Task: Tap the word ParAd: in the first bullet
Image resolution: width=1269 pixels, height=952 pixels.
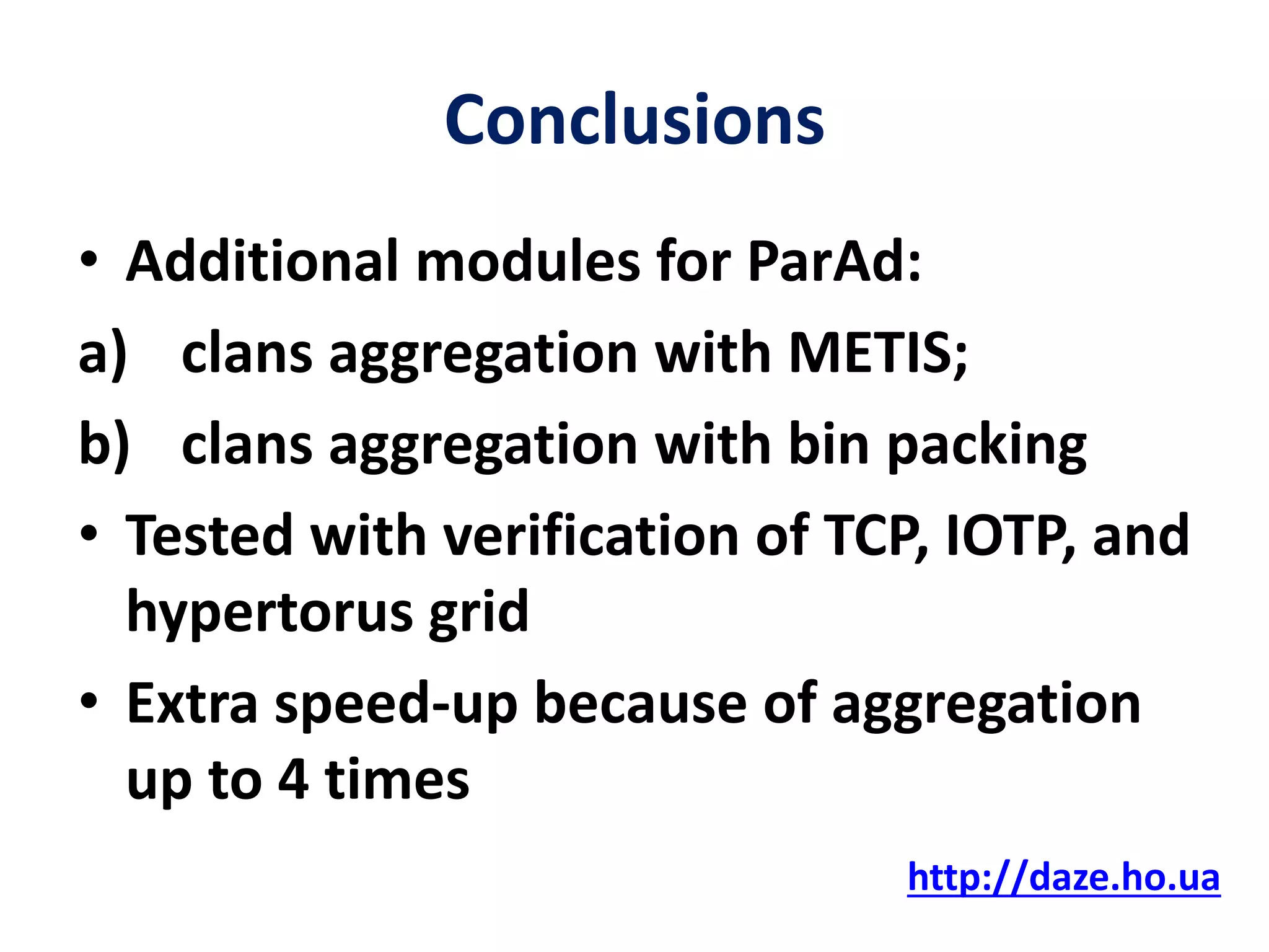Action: [x=834, y=262]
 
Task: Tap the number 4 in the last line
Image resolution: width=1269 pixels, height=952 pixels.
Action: [x=293, y=780]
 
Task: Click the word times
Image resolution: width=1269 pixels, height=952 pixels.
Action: [x=397, y=780]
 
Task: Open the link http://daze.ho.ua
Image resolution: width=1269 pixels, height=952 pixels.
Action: [x=1063, y=878]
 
